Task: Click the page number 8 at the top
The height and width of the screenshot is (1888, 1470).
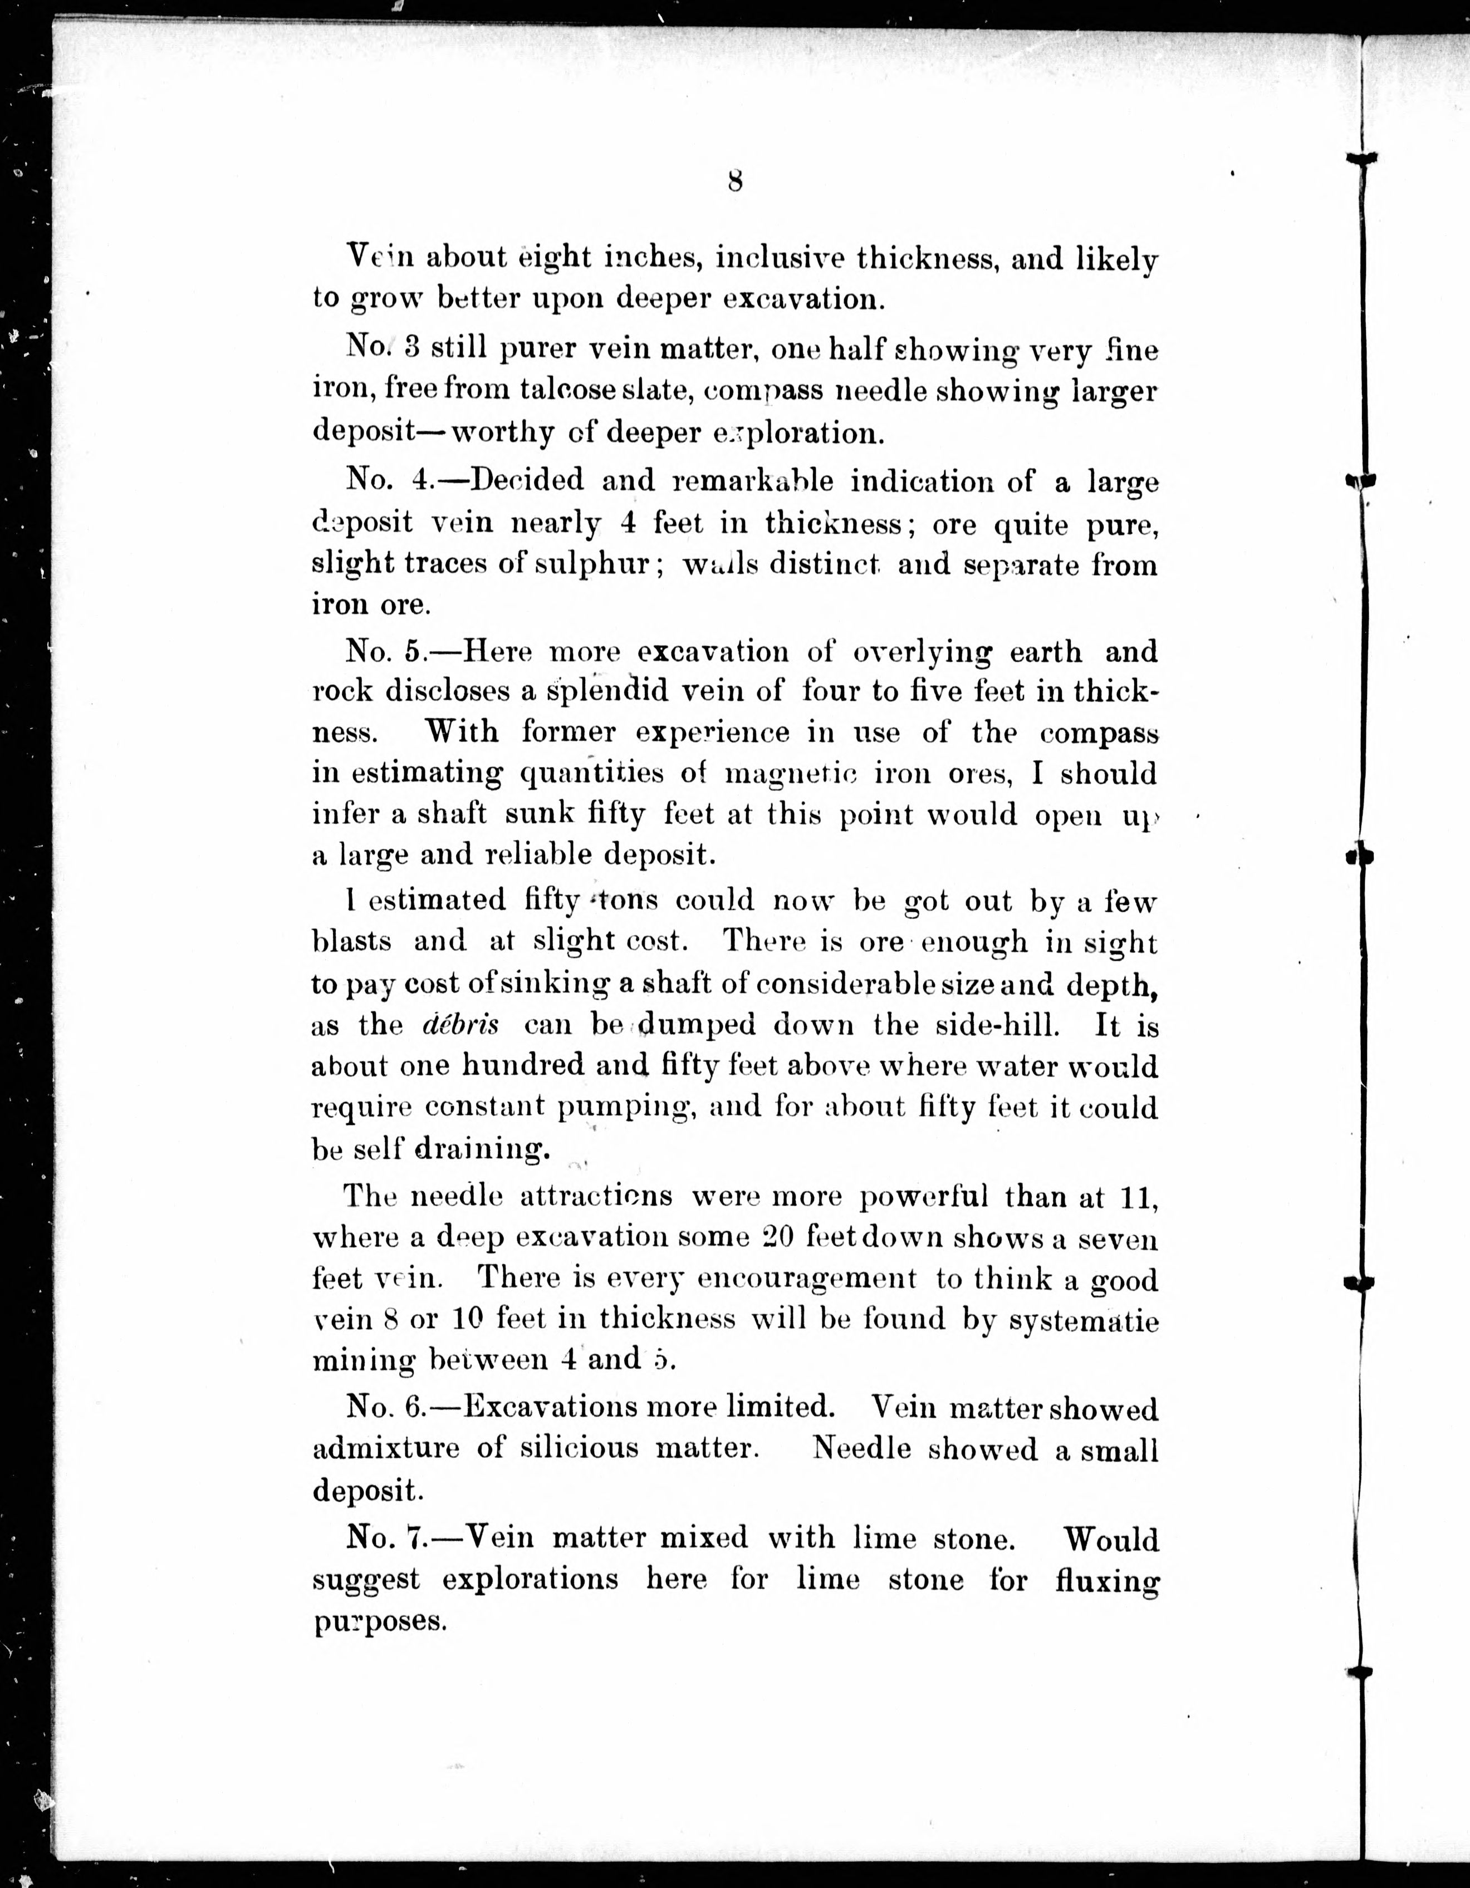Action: point(735,181)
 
